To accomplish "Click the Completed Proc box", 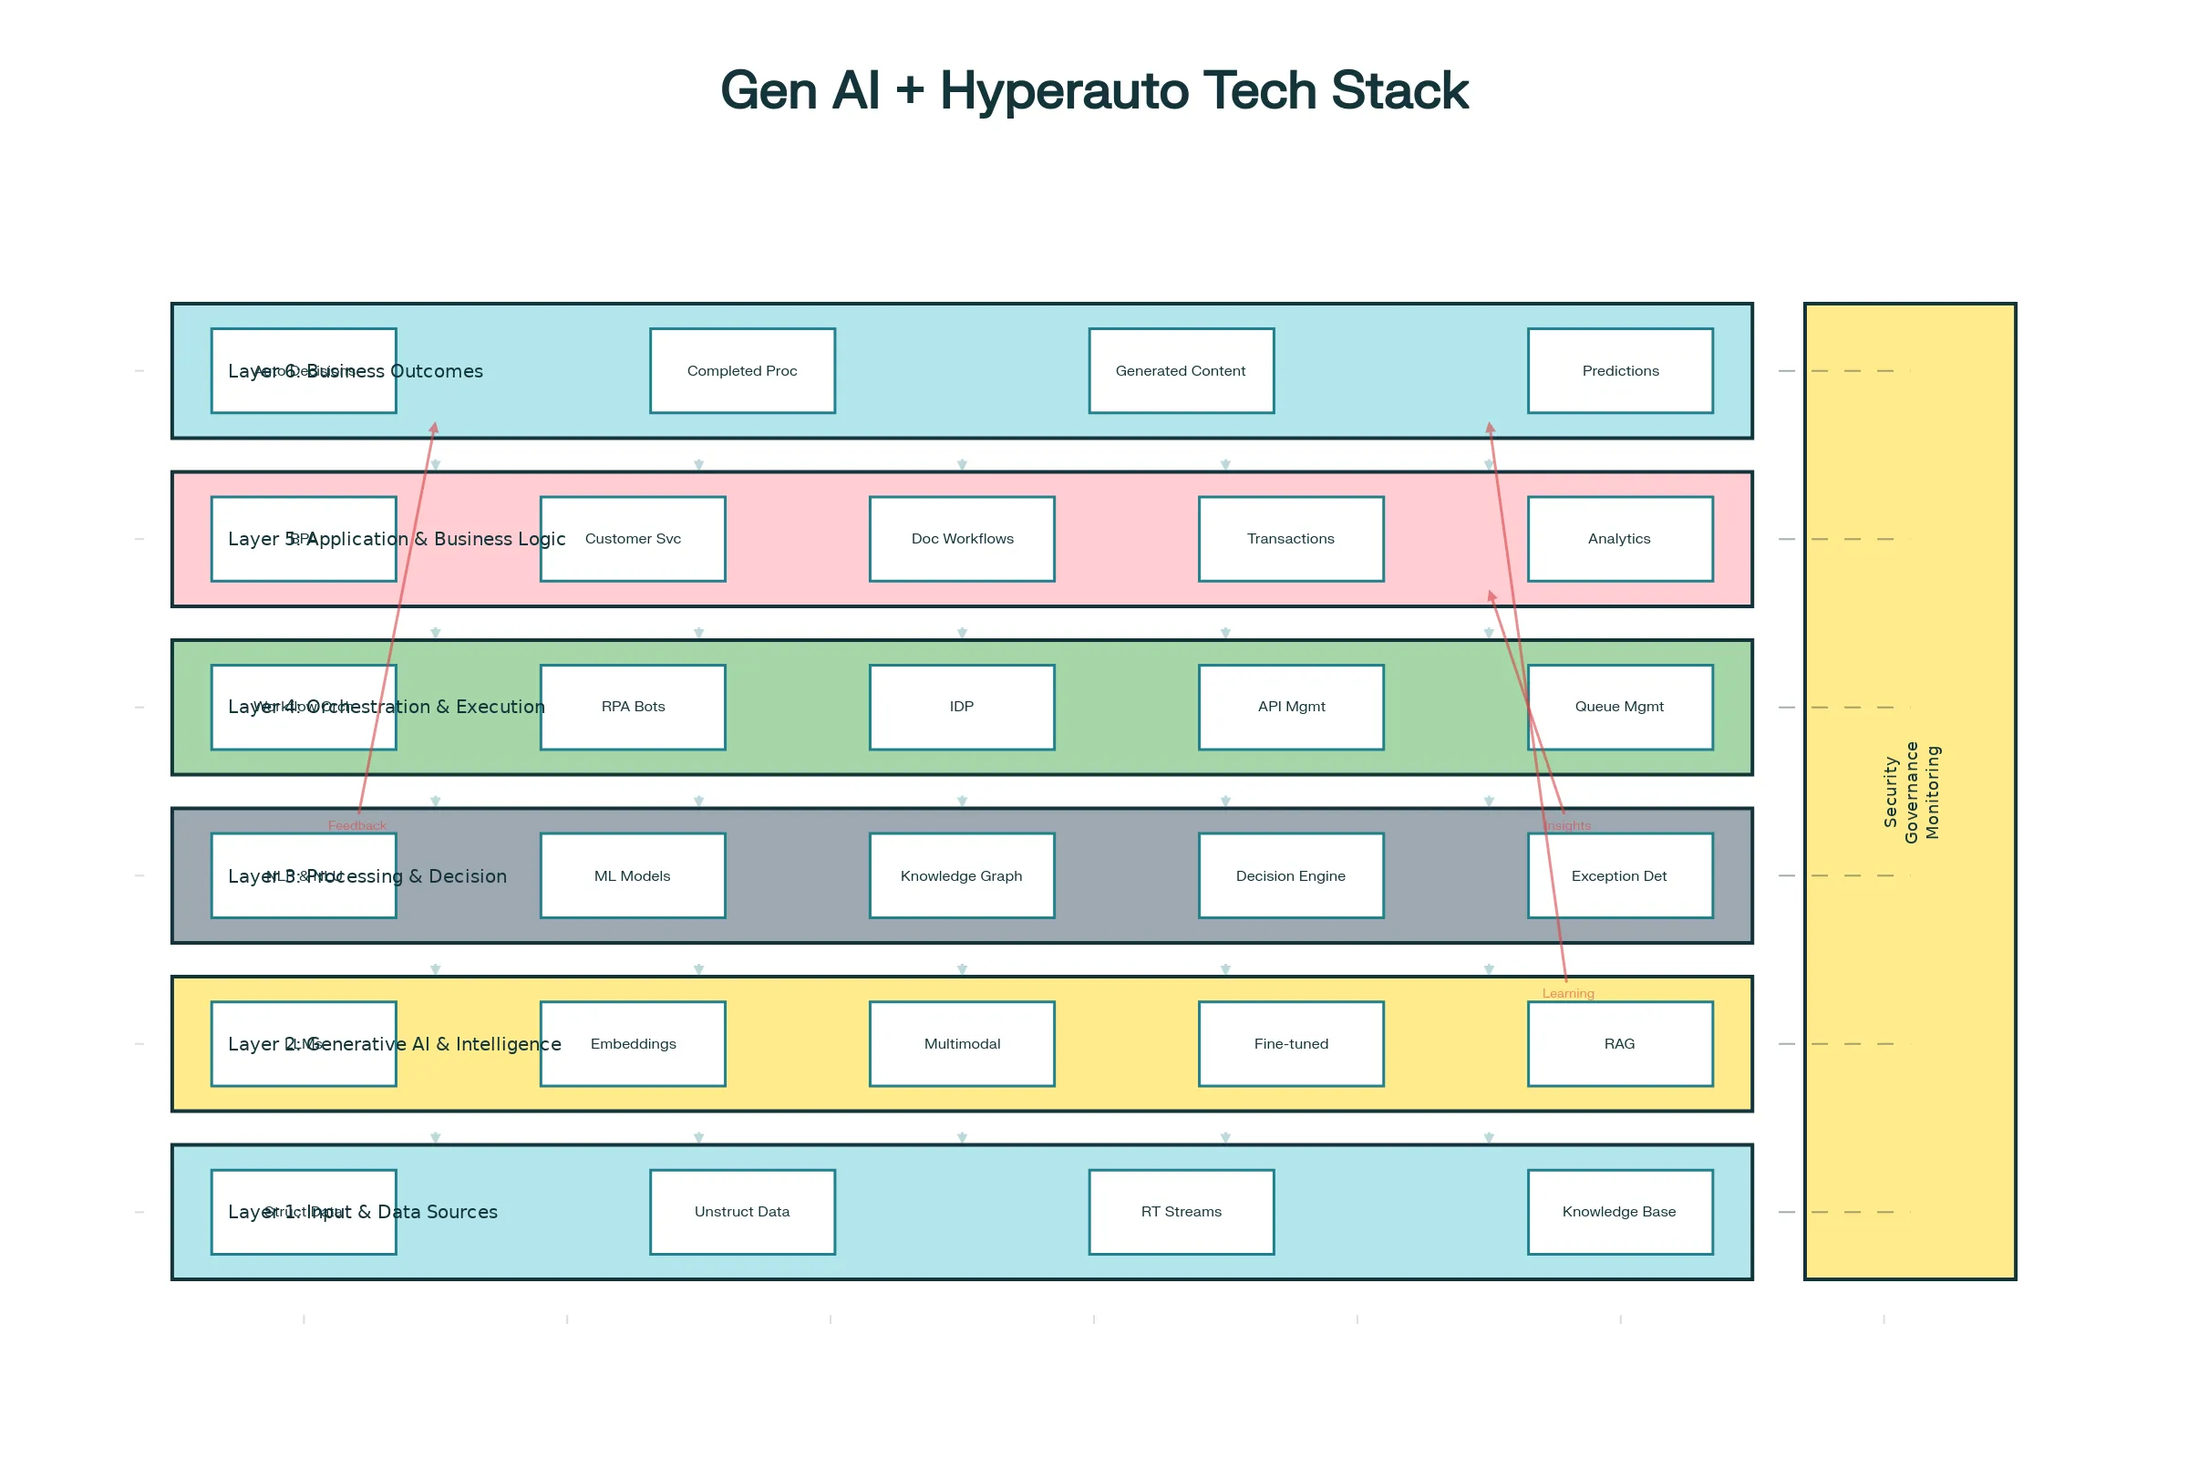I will pos(742,370).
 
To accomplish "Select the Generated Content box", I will pos(1181,370).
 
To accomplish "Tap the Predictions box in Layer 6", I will pos(1620,370).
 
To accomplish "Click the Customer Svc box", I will pos(633,539).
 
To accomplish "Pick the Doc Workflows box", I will pos(962,539).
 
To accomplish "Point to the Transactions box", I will pos(1290,539).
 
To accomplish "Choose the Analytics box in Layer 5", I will pos(1620,539).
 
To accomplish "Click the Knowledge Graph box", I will pos(962,875).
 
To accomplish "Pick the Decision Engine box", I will pos(1290,875).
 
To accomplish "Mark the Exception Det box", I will pos(1620,875).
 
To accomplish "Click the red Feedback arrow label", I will pos(357,825).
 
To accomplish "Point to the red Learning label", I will pos(1567,993).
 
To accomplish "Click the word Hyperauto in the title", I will pos(1063,91).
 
